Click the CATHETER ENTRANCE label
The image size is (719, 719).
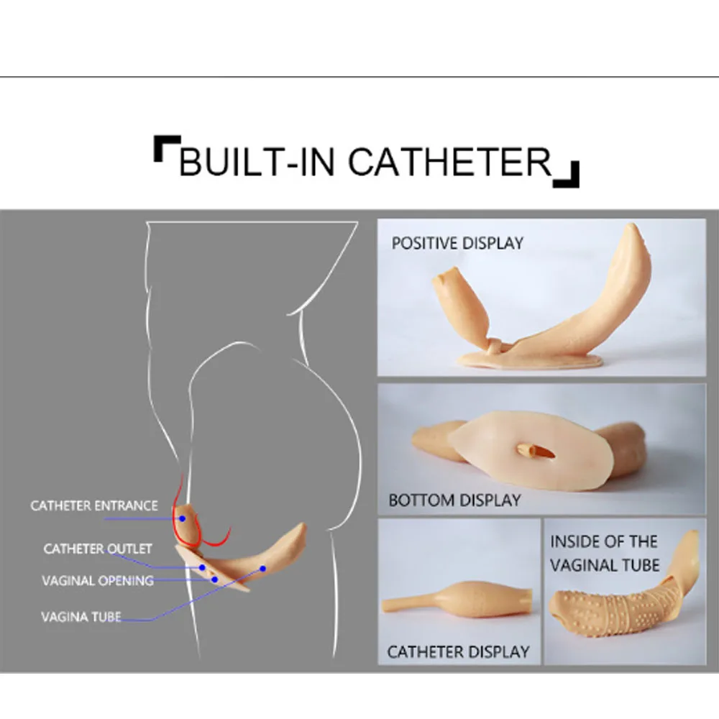[93, 505]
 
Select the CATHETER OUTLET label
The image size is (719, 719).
[98, 549]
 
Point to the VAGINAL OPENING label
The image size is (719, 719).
[98, 580]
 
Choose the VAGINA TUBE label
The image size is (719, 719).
[81, 616]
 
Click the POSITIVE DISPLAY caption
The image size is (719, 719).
[457, 243]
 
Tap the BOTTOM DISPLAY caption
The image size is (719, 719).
[454, 499]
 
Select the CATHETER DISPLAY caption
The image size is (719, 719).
[458, 652]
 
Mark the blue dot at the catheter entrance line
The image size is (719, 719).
[183, 518]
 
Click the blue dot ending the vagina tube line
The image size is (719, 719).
[263, 569]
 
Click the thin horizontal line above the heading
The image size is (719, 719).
[359, 76]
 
